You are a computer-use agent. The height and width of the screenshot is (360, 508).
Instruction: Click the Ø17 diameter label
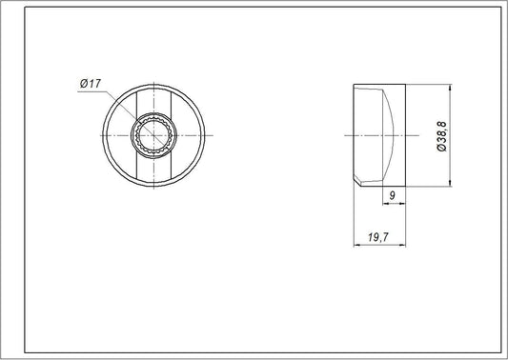pos(91,85)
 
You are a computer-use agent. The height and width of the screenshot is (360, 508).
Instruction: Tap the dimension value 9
pos(393,197)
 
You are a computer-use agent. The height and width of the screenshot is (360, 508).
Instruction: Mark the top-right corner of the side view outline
pos(407,86)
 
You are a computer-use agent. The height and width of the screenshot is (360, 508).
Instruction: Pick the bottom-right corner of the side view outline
pos(407,187)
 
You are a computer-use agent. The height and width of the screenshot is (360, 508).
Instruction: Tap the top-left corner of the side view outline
pos(355,86)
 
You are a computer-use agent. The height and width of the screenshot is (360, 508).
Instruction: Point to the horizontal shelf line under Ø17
pos(91,91)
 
